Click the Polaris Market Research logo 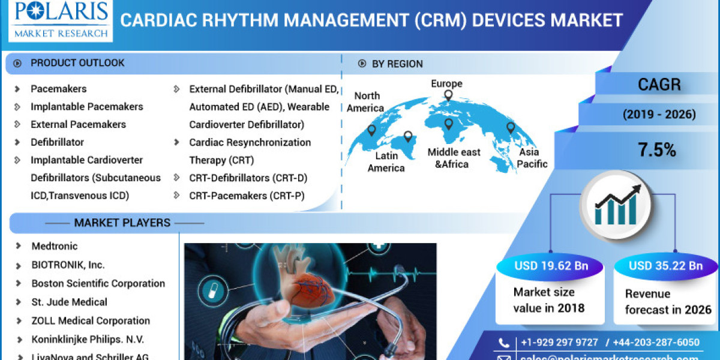coord(58,20)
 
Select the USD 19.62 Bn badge coord(551,266)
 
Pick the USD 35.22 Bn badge coord(665,266)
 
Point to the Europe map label coord(447,84)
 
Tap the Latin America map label coord(386,162)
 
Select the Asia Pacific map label coord(529,157)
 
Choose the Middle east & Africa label coord(454,158)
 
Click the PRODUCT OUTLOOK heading coord(77,63)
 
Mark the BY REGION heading coord(397,64)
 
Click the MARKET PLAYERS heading coord(122,223)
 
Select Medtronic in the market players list coord(55,246)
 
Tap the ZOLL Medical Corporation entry coord(91,320)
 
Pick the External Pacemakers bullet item coord(78,124)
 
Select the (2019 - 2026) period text coord(659,114)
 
